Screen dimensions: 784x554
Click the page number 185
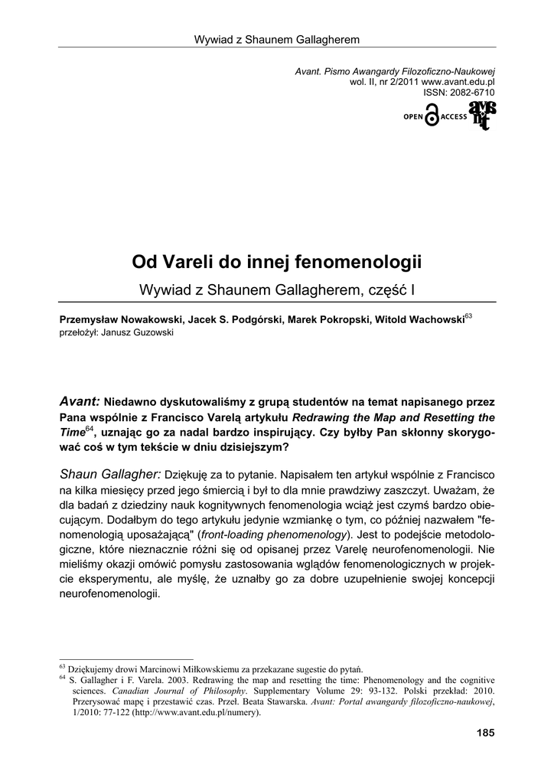point(485,733)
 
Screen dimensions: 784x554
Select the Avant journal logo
point(482,115)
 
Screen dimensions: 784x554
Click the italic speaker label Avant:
point(80,401)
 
